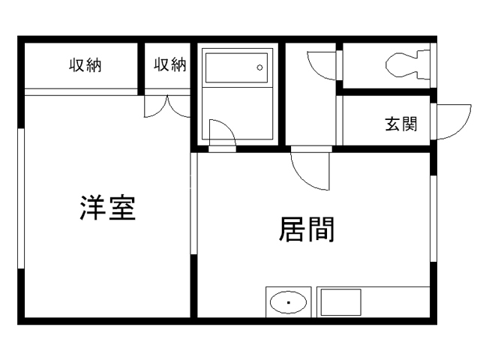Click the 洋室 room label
coord(108,208)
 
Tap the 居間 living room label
coord(307,229)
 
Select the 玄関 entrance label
coord(401,124)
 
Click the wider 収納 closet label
coord(85,65)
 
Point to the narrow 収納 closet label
coord(169,65)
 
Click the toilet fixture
coord(409,64)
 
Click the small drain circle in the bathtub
coord(259,67)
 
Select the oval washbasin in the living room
coord(287,304)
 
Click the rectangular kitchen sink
coord(340,304)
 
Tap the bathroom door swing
coord(222,133)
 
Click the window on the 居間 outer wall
coord(433,217)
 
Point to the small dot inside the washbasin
coord(287,304)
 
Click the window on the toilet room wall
coord(433,64)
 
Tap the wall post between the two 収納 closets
coord(141,67)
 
